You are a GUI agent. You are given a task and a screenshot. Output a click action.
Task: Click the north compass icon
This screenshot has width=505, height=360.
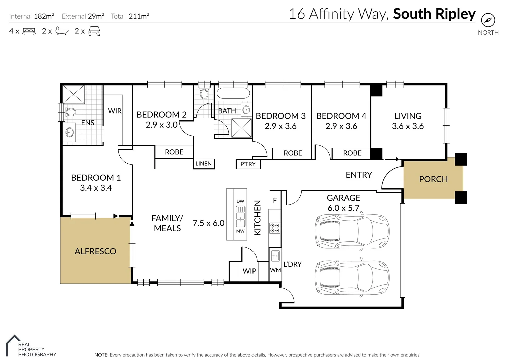click(x=488, y=20)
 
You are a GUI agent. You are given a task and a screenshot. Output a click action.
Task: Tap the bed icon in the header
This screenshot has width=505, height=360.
click(x=29, y=31)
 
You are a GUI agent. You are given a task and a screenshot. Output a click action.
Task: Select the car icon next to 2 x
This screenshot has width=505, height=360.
click(x=94, y=31)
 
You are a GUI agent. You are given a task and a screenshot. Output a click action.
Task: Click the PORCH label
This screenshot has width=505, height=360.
click(x=433, y=179)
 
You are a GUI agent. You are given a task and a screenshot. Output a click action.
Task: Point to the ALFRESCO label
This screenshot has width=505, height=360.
click(x=95, y=251)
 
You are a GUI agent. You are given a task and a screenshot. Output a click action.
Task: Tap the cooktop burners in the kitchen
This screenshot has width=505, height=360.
click(x=275, y=228)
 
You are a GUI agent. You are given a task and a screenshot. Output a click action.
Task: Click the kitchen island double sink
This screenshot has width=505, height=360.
click(x=240, y=216)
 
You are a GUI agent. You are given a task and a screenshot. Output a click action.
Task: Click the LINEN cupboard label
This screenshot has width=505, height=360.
click(x=204, y=164)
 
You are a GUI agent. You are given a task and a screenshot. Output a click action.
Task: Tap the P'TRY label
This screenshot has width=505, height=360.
click(x=248, y=164)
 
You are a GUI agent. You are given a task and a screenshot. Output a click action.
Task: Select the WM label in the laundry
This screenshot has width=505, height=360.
click(x=275, y=270)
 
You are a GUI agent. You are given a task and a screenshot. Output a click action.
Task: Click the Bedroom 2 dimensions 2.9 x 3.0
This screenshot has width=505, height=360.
click(x=161, y=125)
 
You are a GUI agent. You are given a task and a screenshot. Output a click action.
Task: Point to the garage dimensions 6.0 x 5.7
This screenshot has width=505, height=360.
click(x=343, y=208)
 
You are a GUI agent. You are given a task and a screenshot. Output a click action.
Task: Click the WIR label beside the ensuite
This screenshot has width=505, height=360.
click(x=115, y=111)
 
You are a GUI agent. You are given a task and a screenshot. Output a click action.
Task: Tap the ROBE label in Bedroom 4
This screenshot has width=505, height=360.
click(x=352, y=153)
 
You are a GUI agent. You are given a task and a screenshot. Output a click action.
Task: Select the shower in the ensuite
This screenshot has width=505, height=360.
click(x=73, y=94)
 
